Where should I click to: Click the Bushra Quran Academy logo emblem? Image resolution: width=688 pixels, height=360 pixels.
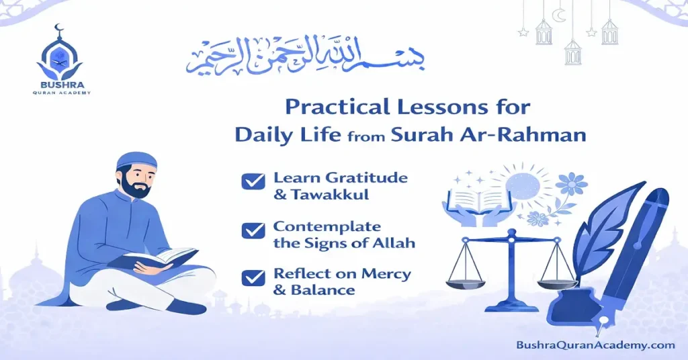point(60,55)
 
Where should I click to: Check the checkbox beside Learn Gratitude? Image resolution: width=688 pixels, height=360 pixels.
point(253,181)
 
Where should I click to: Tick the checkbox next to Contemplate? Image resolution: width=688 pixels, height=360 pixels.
point(253,230)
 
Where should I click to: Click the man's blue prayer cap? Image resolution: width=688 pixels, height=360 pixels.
point(135,160)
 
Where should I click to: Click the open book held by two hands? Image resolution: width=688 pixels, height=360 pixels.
point(471,199)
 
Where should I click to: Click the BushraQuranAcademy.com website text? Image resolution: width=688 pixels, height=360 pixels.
point(595,345)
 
